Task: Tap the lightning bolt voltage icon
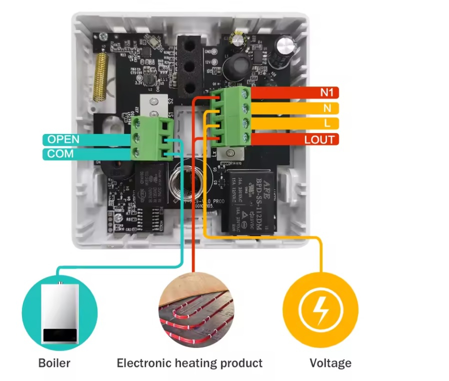[320, 310]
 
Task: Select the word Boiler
[54, 363]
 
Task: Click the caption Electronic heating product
[189, 363]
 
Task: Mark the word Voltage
[330, 363]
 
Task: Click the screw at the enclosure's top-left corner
[102, 36]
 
